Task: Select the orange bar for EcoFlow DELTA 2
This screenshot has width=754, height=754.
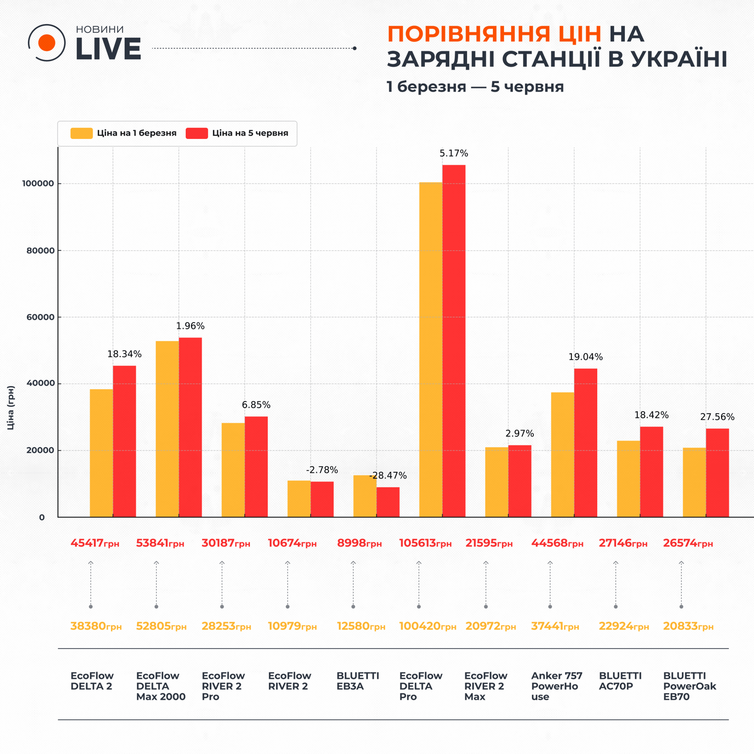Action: (101, 453)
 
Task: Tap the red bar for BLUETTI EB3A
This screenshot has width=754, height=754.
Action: (388, 502)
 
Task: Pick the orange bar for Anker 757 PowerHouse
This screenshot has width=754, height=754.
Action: (562, 455)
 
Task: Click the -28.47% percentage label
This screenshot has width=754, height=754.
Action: (388, 476)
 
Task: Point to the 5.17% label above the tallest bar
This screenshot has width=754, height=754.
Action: (453, 153)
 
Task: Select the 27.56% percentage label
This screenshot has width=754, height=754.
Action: (717, 417)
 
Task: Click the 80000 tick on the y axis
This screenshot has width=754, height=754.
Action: (40, 250)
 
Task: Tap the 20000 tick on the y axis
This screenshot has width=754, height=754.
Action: (40, 450)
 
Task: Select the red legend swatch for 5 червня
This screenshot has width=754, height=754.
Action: (197, 133)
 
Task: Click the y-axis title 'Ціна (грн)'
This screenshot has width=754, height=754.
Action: (11, 408)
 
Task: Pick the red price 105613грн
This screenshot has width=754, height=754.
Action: (425, 543)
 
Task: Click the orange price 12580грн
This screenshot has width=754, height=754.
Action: (361, 626)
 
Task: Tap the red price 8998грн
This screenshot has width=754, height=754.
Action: (359, 543)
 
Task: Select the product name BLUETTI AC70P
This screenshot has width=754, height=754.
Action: (620, 681)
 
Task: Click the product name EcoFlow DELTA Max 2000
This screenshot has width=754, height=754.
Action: (160, 686)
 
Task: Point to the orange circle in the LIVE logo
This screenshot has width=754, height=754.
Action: (47, 43)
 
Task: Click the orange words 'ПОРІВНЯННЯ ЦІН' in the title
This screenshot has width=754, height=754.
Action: (494, 34)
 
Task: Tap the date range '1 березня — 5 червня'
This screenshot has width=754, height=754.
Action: (475, 87)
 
